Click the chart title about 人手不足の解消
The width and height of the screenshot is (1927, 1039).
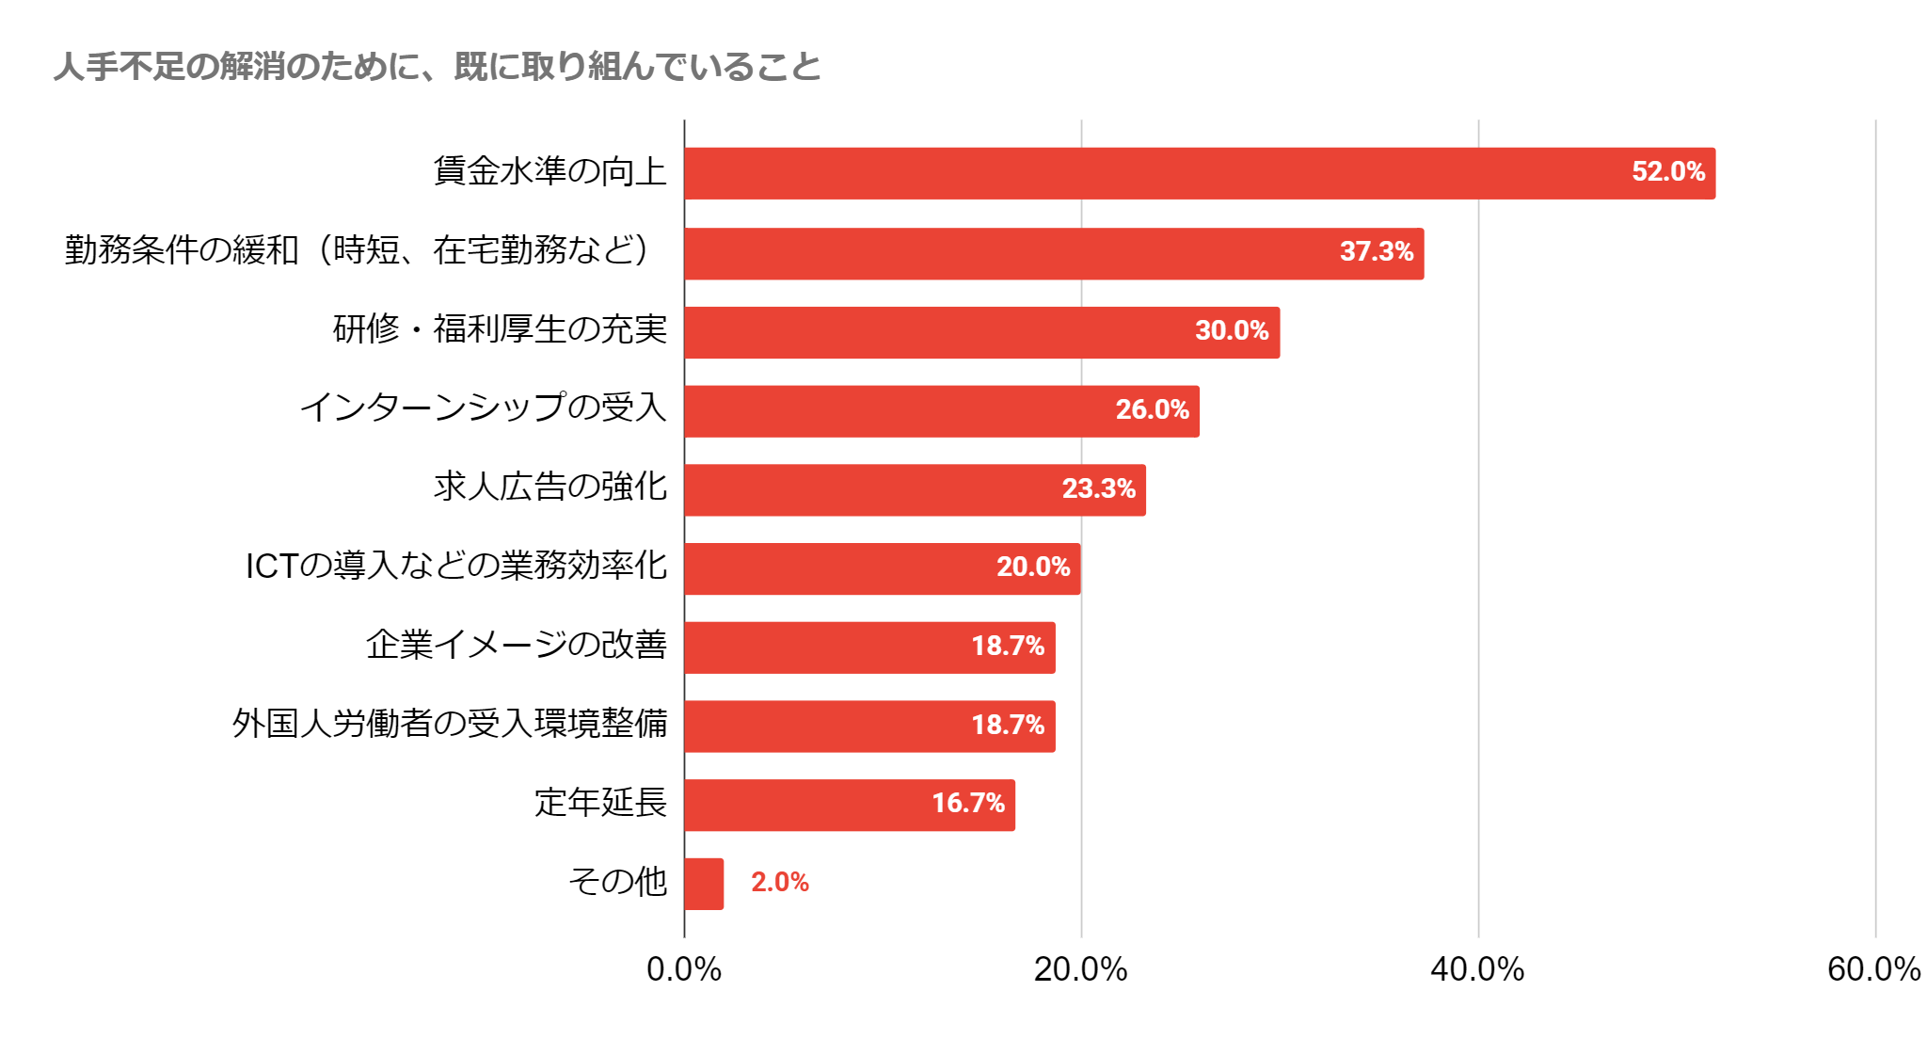pos(438,67)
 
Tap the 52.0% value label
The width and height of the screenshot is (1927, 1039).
pos(1667,171)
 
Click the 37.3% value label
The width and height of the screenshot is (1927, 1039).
pos(1376,251)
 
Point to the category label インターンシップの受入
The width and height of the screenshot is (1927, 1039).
pos(483,408)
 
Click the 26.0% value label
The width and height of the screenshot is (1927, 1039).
pos(1152,409)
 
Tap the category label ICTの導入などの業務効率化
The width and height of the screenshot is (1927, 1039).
pos(456,566)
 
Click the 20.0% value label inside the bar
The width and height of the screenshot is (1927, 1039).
pos(1032,567)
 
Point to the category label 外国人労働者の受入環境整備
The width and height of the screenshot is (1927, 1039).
pos(450,724)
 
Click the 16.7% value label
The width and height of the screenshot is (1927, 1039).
pos(967,803)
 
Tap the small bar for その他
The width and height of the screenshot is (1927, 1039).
pos(704,884)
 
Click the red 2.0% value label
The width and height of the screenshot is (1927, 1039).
pos(779,882)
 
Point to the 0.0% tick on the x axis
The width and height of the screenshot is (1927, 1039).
pos(684,969)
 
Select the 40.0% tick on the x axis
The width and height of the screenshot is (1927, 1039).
pos(1477,969)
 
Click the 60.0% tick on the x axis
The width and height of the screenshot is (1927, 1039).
pos(1873,969)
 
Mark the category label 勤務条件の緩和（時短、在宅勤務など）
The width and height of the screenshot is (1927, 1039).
pos(358,250)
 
